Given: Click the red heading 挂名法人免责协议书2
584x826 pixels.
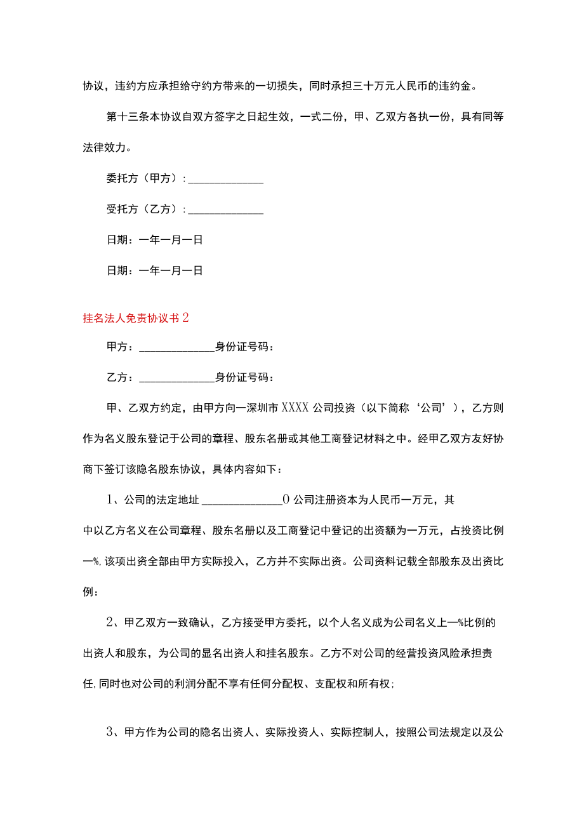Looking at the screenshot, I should pos(136,318).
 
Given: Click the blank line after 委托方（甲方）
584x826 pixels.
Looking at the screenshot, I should pos(226,179).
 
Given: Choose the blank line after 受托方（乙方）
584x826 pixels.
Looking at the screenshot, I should pos(226,210).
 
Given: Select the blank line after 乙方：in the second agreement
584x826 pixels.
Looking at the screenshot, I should pos(176,378).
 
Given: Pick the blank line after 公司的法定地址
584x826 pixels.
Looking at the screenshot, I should pos(242,500).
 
